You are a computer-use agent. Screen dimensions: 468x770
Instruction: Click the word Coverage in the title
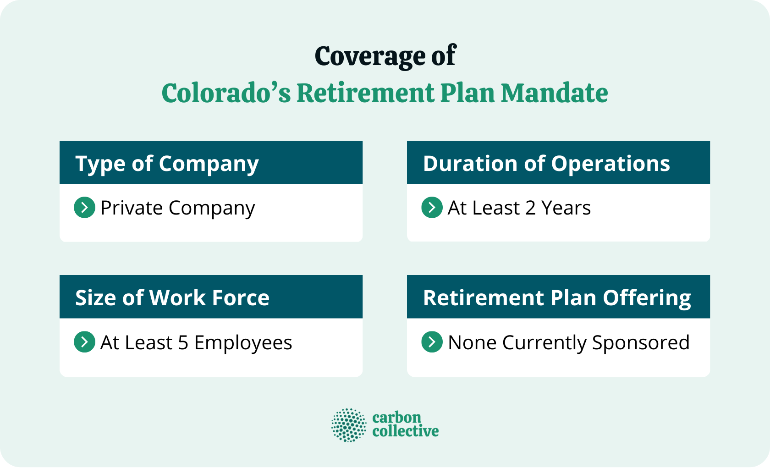pos(370,56)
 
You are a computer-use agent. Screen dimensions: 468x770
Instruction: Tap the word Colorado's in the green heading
pos(226,93)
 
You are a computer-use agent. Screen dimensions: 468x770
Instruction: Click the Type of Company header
pos(167,164)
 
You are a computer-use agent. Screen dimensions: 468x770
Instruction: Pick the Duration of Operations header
pos(546,164)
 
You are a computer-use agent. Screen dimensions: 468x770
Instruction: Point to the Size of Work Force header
pos(172,298)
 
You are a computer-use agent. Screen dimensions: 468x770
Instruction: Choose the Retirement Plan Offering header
pos(556,298)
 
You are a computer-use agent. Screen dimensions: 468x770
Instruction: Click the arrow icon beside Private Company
pos(84,208)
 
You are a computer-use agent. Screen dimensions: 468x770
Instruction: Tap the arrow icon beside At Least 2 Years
pos(432,208)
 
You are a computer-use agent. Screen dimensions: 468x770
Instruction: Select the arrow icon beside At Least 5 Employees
pos(84,342)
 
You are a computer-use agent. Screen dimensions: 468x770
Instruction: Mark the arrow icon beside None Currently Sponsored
pos(432,342)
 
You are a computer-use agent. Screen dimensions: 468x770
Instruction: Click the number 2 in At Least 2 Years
pos(530,208)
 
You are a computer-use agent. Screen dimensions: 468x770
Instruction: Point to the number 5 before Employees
pos(183,343)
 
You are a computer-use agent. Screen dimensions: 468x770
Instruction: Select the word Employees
pos(243,343)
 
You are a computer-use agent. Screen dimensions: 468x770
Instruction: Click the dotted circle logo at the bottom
pos(349,425)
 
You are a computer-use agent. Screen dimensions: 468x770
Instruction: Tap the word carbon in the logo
pos(396,418)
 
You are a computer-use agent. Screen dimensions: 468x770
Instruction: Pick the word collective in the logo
pos(405,431)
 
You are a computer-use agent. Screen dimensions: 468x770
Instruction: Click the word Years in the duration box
pos(566,208)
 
